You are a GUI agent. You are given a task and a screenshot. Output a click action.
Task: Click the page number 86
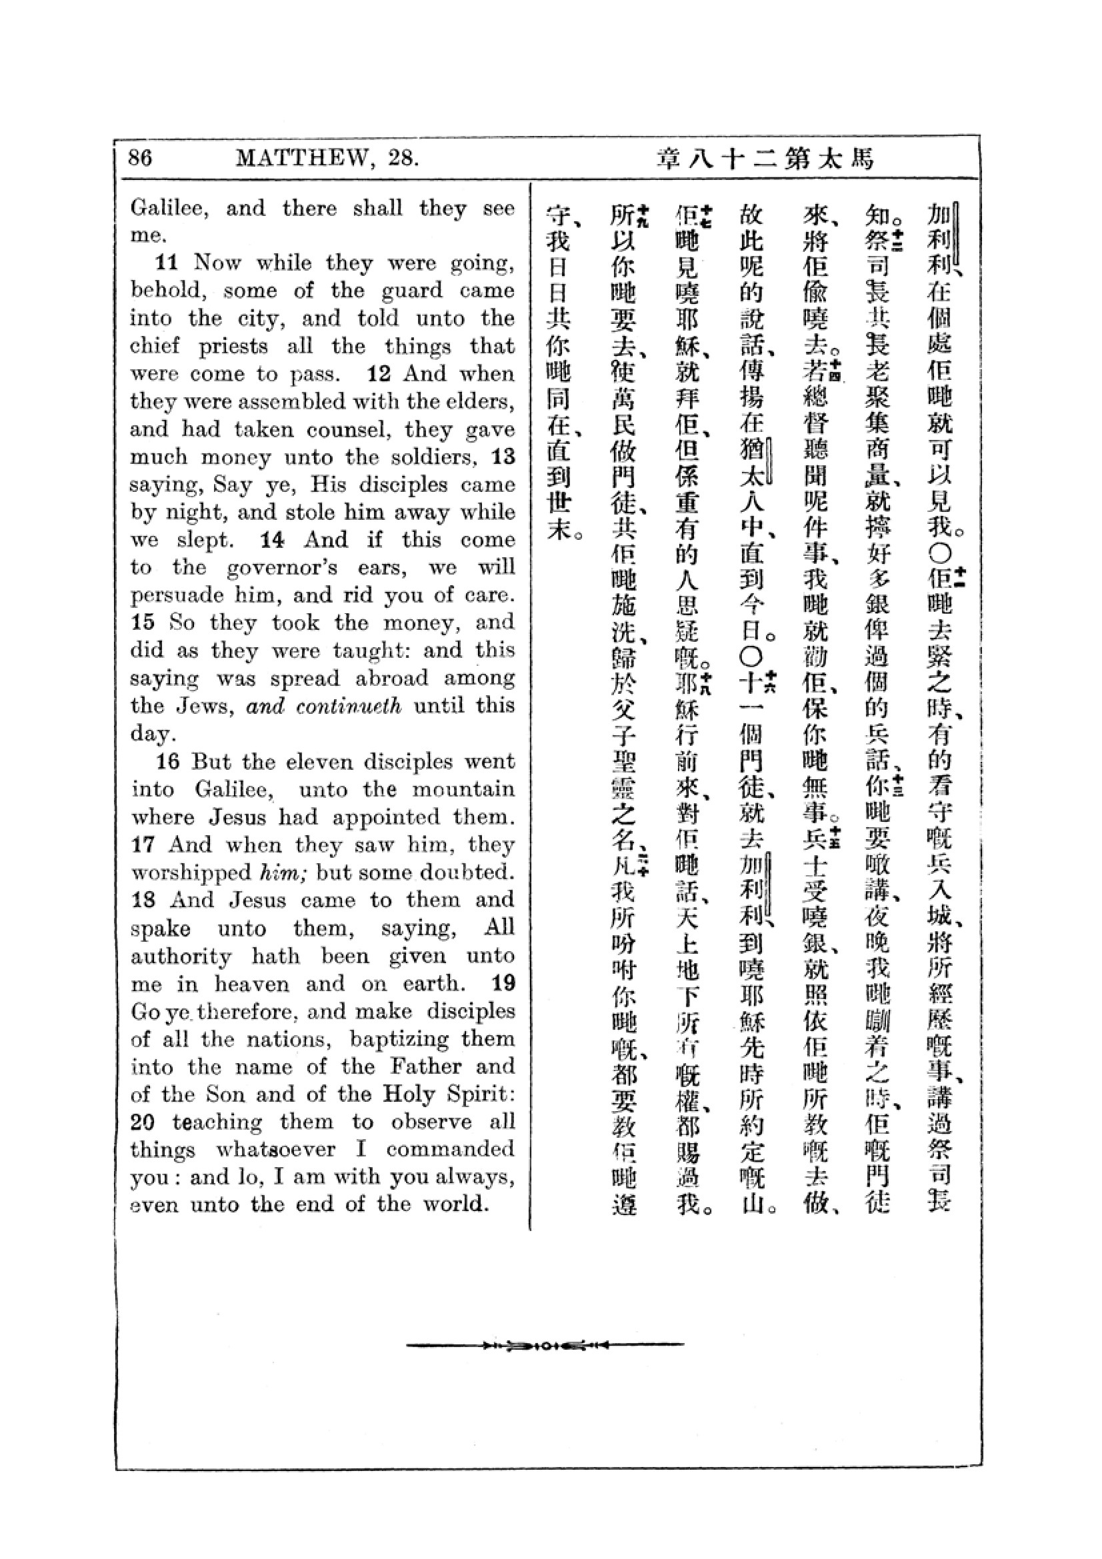[x=141, y=158]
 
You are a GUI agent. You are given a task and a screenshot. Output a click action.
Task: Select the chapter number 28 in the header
[x=403, y=158]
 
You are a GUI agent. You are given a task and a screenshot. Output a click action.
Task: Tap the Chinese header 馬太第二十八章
[x=765, y=159]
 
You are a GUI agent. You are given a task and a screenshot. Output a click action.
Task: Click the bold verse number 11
[x=168, y=262]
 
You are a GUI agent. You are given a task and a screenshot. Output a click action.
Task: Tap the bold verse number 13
[x=503, y=457]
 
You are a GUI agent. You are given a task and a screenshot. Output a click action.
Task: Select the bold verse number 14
[x=272, y=539]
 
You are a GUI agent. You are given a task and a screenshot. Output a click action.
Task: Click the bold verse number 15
[x=143, y=622]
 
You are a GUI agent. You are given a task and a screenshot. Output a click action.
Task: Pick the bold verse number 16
[x=168, y=761]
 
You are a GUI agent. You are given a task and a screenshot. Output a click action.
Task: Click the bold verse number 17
[x=143, y=844]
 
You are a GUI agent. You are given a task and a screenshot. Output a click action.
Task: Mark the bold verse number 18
[x=143, y=900]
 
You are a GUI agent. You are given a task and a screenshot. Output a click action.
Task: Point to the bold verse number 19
[x=503, y=982]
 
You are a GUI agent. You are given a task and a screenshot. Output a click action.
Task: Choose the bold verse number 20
[x=143, y=1121]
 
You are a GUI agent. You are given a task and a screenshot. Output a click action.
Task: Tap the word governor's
[x=282, y=567]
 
